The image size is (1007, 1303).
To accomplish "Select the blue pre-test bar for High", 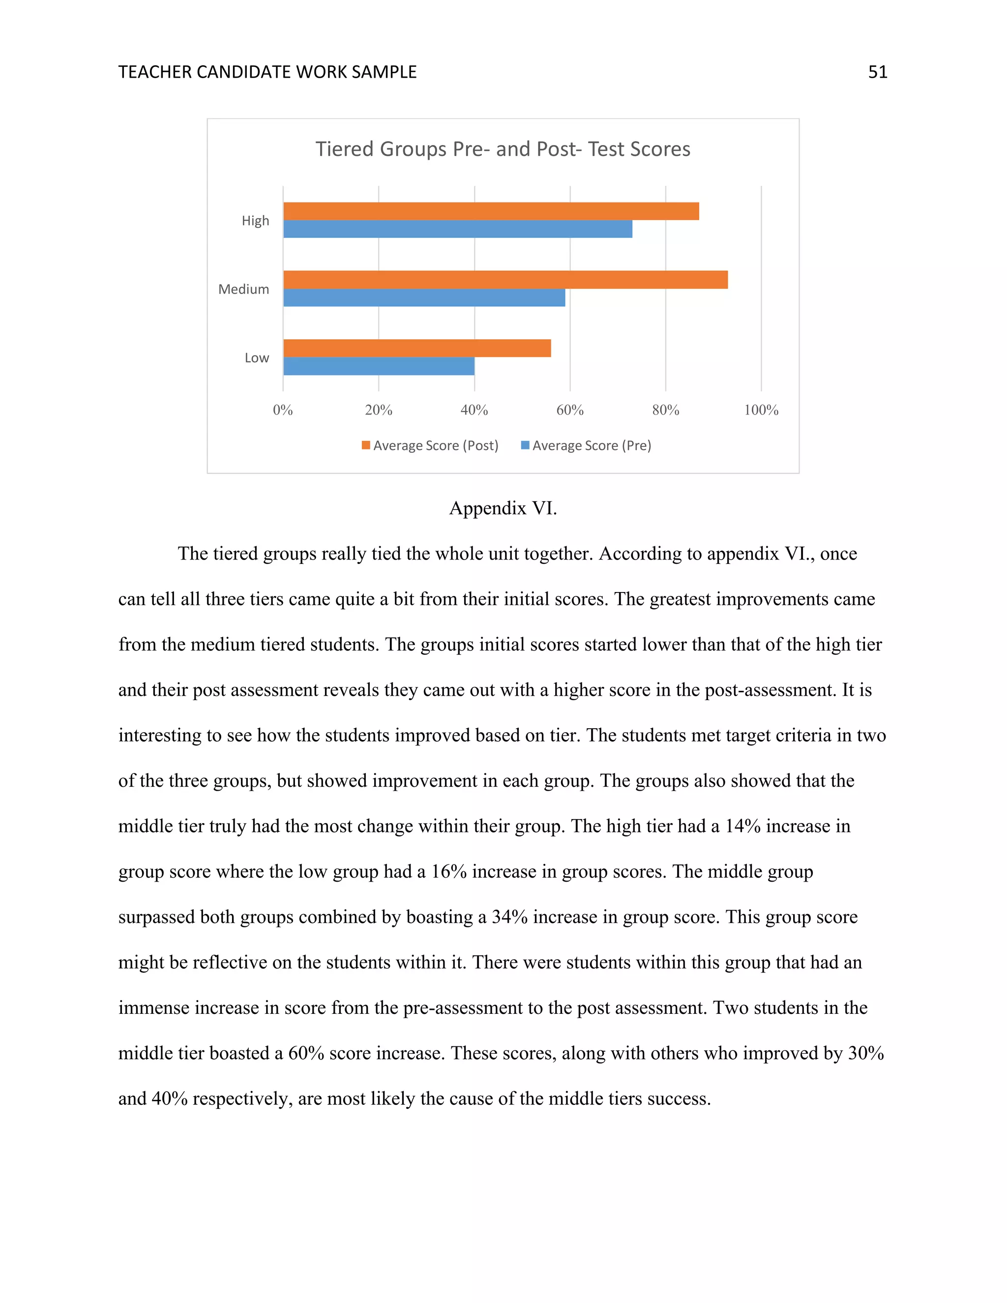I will tap(458, 229).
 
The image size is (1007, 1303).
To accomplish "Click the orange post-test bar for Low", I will tap(416, 349).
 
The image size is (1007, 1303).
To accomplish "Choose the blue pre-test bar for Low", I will tap(378, 366).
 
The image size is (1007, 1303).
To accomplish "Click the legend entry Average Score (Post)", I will tap(430, 445).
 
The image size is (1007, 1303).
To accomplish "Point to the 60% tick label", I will tap(570, 410).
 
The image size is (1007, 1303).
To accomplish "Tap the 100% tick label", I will tap(761, 410).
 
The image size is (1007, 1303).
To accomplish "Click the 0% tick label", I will tap(283, 410).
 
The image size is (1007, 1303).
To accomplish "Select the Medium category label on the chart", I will tap(243, 289).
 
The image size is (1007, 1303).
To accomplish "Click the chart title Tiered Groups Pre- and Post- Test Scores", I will tap(503, 148).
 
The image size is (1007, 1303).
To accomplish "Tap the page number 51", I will tap(878, 72).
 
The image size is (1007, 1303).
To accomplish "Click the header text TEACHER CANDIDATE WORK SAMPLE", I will tap(267, 72).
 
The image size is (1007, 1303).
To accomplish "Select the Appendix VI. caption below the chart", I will tap(503, 508).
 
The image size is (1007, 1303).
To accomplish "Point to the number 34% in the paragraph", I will tap(509, 917).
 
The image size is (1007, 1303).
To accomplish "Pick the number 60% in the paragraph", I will tap(305, 1053).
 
